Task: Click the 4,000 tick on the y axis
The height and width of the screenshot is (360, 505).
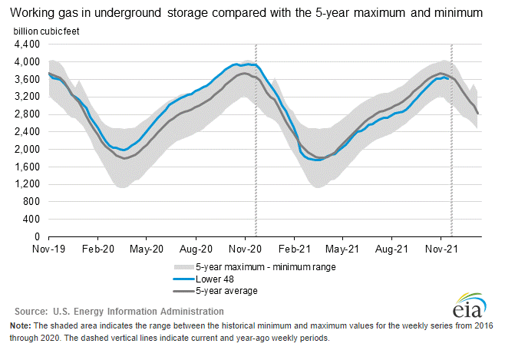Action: pos(27,62)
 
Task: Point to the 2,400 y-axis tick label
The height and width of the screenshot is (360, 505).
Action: pos(27,132)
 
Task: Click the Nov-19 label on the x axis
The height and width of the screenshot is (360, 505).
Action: pos(48,249)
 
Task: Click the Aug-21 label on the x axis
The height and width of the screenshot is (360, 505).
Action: pos(393,249)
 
